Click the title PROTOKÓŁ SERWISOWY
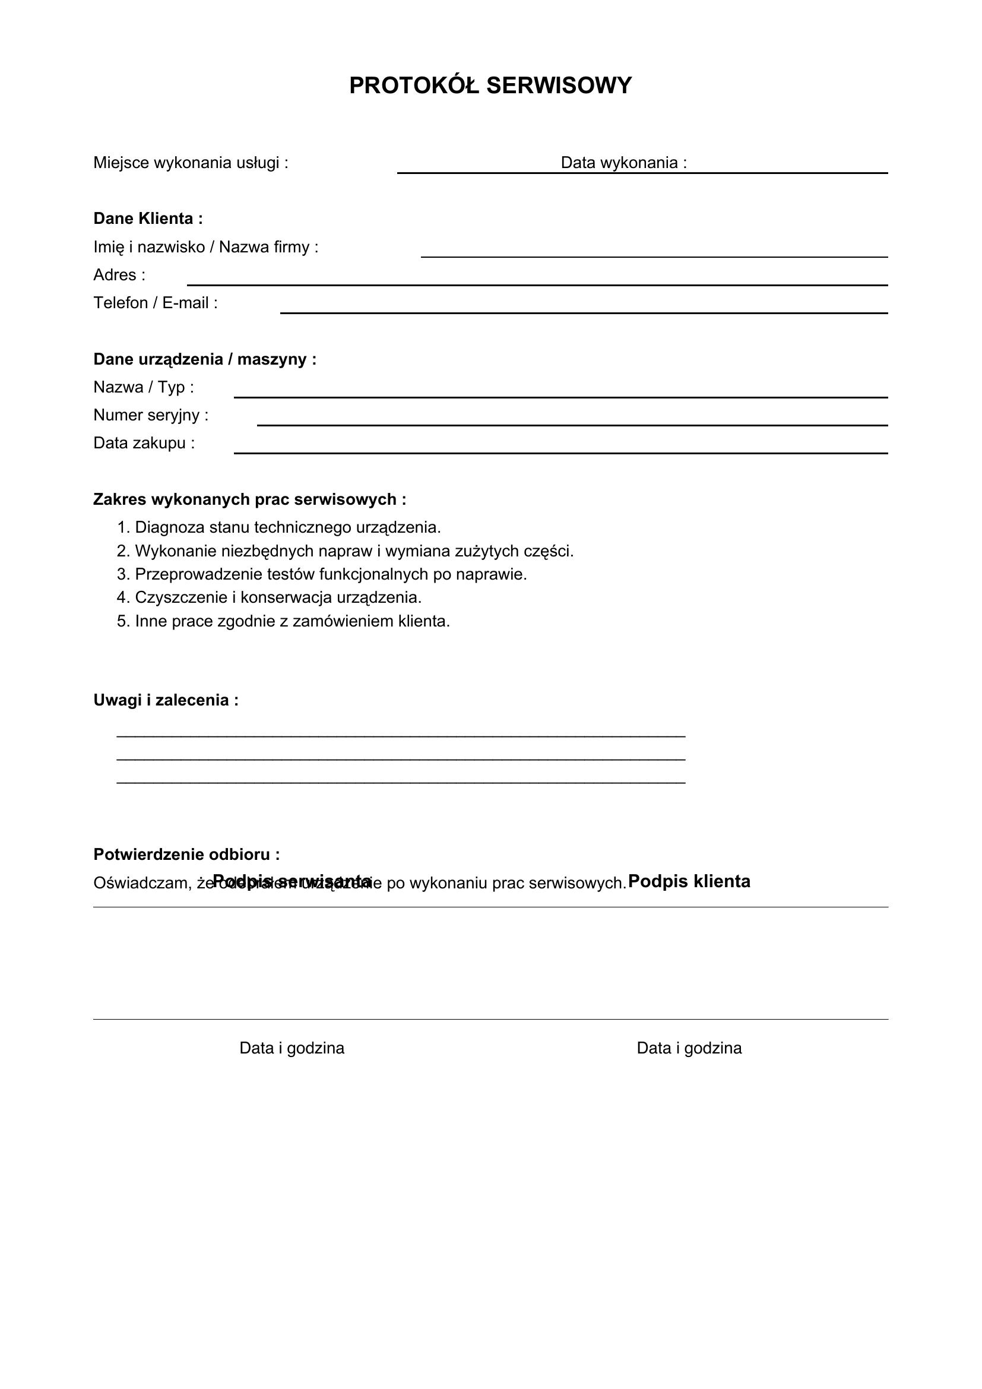click(x=490, y=86)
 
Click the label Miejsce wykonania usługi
click(x=191, y=163)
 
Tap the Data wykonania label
click(x=623, y=163)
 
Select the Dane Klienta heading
click(x=148, y=219)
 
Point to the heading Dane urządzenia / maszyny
click(x=205, y=359)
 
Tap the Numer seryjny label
click(x=151, y=416)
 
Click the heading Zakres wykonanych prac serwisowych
click(x=250, y=499)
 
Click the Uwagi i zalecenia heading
click(x=166, y=701)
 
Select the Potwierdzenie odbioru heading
click(x=186, y=855)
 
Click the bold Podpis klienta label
click(x=689, y=881)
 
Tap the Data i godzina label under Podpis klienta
click(x=689, y=1048)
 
